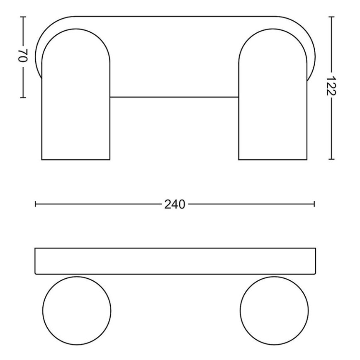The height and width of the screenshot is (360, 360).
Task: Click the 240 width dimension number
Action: [175, 204]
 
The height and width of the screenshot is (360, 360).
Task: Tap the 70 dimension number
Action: [23, 56]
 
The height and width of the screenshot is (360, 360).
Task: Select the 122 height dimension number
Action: [331, 86]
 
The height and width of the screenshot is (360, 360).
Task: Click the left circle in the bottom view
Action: [77, 310]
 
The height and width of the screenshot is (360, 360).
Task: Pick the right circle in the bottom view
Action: [274, 310]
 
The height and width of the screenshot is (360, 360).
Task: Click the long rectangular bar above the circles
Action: [175, 261]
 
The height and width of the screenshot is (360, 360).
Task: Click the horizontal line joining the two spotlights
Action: [174, 97]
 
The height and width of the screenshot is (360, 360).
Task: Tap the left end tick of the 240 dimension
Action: [36, 204]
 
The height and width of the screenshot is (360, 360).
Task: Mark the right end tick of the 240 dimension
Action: [314, 204]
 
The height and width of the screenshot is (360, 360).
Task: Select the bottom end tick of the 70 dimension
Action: [23, 97]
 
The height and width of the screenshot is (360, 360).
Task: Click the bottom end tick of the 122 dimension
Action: [331, 159]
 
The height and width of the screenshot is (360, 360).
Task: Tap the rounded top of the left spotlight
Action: [76, 29]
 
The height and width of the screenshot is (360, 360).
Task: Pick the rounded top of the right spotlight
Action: [273, 29]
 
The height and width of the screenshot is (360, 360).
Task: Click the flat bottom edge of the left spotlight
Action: [76, 159]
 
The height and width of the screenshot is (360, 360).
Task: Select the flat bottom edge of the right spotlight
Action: [273, 159]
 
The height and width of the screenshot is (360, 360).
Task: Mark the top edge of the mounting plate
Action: [175, 17]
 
